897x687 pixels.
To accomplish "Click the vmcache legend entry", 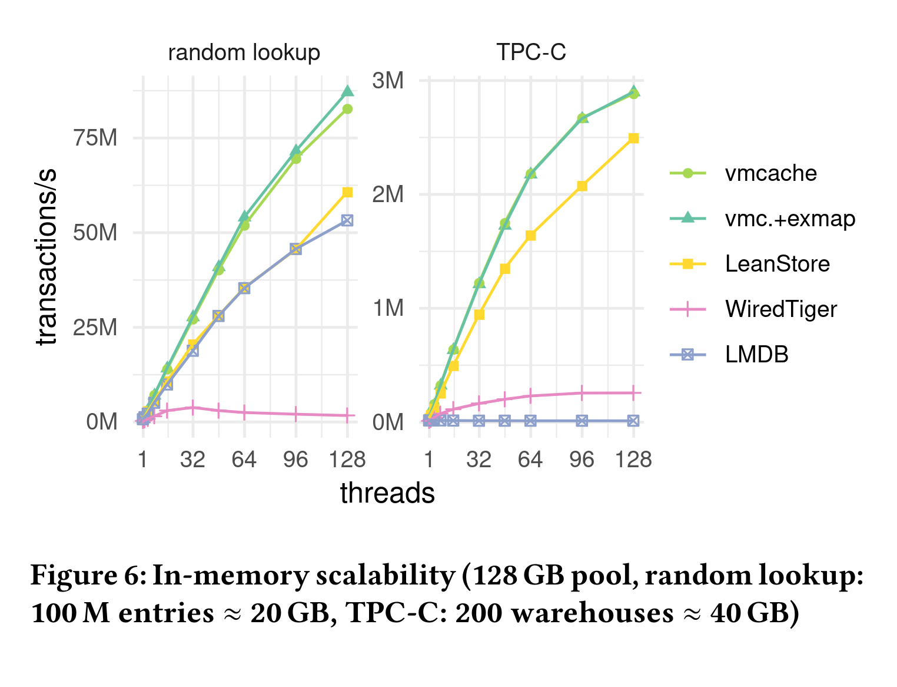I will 770,173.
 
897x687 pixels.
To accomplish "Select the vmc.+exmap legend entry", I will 789,219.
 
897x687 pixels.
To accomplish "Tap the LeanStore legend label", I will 777,264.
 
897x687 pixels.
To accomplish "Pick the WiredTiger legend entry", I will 780,309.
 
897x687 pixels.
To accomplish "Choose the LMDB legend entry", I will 756,355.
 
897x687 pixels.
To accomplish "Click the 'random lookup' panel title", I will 244,53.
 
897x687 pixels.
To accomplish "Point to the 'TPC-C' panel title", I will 531,53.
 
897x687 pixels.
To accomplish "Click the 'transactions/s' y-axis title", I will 47,256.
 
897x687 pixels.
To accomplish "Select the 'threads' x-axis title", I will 387,494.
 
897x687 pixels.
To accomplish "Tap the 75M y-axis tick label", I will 95,138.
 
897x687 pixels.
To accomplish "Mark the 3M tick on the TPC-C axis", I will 388,80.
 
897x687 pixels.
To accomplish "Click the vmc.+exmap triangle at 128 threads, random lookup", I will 347,91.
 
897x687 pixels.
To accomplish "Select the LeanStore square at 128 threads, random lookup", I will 347,192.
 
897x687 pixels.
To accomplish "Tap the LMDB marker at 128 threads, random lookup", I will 347,220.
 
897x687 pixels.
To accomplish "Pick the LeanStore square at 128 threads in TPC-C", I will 633,138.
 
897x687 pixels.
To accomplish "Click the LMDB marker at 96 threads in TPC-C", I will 582,421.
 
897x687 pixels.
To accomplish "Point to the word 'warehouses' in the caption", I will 592,613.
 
